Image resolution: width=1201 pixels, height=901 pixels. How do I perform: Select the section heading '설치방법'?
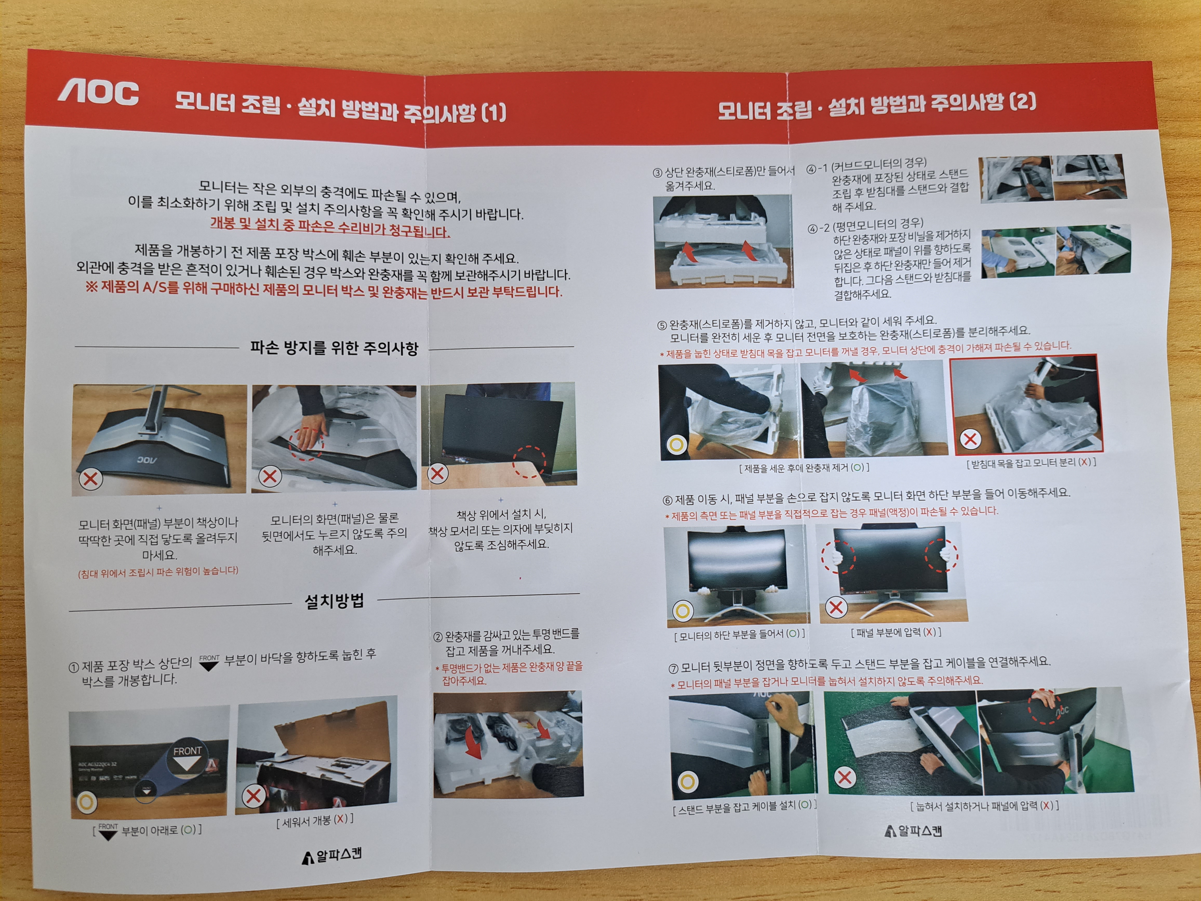coord(334,601)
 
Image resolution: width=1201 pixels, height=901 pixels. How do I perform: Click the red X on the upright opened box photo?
coord(253,796)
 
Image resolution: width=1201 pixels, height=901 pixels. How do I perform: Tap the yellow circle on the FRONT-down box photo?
coord(87,801)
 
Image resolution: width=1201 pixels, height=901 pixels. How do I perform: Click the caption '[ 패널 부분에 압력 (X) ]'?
coord(896,632)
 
